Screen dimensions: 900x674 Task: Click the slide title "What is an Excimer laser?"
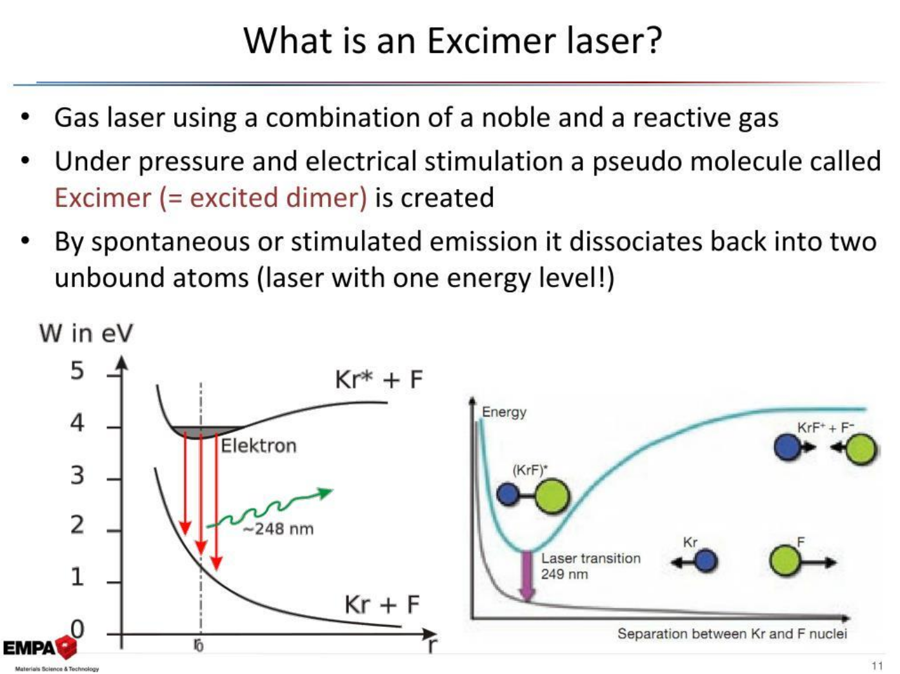pos(453,41)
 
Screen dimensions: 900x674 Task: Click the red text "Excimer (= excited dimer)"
pos(211,198)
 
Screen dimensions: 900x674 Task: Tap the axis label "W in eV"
pos(86,333)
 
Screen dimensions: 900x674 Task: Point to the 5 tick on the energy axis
pos(115,375)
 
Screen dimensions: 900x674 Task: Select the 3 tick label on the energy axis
pos(77,475)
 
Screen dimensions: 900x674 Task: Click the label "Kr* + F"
pos(379,379)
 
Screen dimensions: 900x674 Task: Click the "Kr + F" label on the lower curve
pos(382,604)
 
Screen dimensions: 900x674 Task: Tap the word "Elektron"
pos(259,446)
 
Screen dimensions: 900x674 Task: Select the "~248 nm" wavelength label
pos(279,528)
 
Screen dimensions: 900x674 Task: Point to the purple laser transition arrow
pos(526,577)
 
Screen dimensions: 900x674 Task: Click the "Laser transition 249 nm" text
pos(590,566)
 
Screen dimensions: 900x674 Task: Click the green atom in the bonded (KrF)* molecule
pos(552,497)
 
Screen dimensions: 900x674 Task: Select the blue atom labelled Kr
pos(706,561)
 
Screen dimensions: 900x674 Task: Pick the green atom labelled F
pos(785,560)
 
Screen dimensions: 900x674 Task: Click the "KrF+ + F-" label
pos(825,428)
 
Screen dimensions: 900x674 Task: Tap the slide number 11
pos(877,666)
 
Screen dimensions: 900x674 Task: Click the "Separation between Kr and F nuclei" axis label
pos(732,633)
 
